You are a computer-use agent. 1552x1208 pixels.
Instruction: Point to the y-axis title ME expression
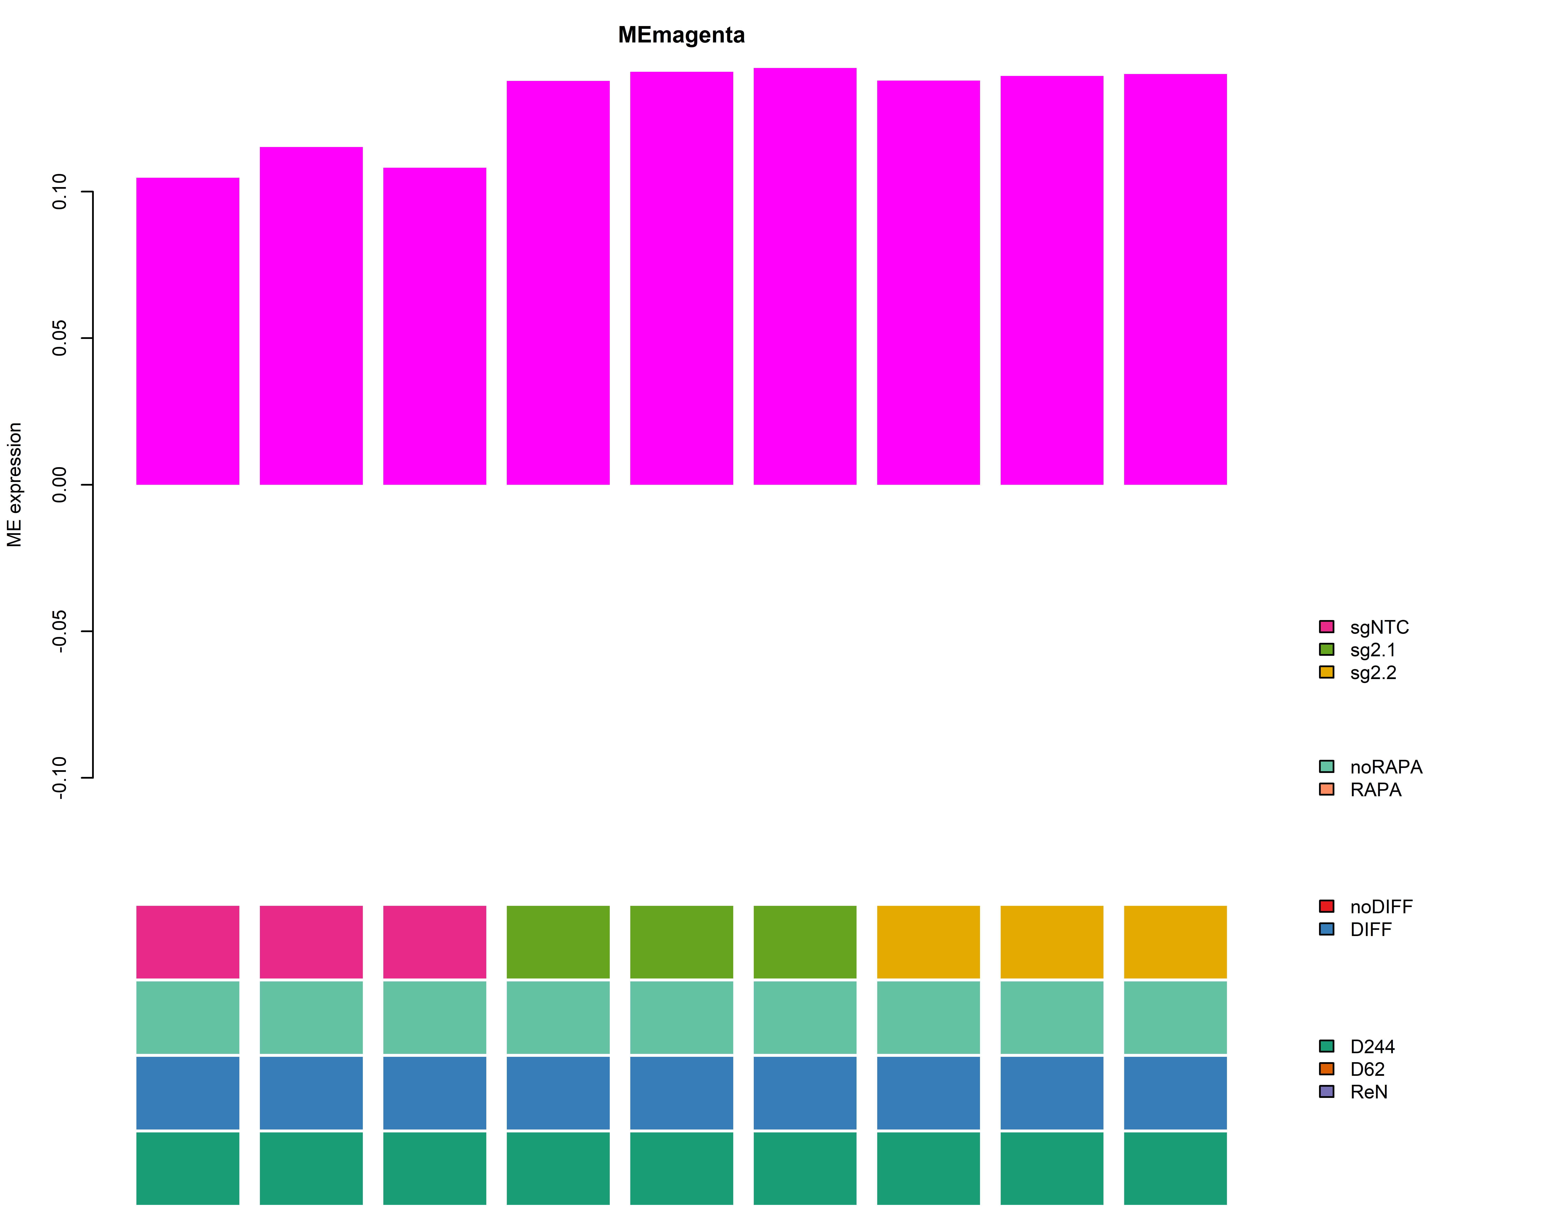(x=15, y=485)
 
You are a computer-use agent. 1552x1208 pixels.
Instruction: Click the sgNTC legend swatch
(x=1326, y=626)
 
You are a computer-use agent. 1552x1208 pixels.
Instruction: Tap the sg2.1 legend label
(x=1373, y=650)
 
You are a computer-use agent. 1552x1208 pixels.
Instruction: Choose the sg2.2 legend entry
(x=1373, y=673)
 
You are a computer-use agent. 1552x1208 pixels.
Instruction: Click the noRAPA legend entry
(x=1386, y=767)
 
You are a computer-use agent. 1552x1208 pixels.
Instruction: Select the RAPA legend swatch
(x=1326, y=789)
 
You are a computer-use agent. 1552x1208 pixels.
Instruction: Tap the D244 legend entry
(x=1371, y=1047)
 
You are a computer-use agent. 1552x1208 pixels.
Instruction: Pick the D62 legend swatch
(x=1326, y=1069)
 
